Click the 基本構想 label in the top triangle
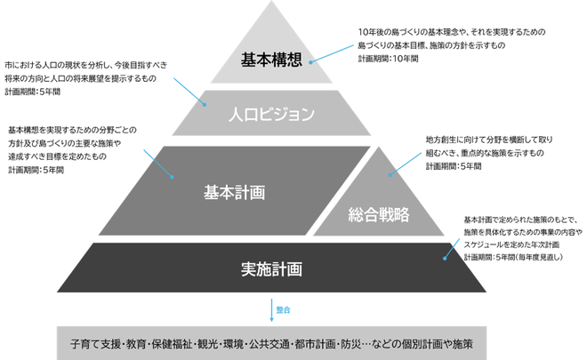click(271, 60)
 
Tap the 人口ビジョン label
click(271, 114)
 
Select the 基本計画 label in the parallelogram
click(234, 192)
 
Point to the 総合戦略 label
click(379, 214)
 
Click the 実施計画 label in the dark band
click(271, 269)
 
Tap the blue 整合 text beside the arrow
click(284, 310)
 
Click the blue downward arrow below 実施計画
click(272, 310)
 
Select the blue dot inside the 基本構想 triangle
click(310, 62)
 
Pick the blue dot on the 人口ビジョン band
click(205, 105)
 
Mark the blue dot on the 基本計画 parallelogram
click(172, 177)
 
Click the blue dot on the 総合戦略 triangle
click(390, 175)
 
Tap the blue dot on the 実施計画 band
click(445, 258)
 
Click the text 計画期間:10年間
click(388, 59)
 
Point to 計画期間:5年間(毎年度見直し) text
click(513, 257)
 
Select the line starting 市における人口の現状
click(86, 65)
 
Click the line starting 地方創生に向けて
click(489, 140)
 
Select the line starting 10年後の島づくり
click(452, 32)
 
